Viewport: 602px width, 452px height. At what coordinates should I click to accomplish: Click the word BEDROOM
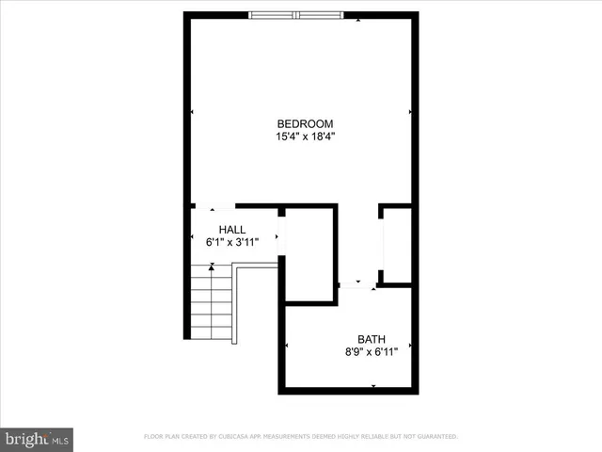pyautogui.click(x=304, y=123)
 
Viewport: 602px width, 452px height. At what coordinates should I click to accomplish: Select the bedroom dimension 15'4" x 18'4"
pyautogui.click(x=304, y=137)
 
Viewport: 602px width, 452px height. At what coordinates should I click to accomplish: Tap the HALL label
pyautogui.click(x=232, y=230)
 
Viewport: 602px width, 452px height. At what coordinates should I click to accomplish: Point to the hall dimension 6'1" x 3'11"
pyautogui.click(x=232, y=243)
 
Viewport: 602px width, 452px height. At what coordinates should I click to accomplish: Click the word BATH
pyautogui.click(x=371, y=340)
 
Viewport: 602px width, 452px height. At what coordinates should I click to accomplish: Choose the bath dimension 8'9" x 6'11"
pyautogui.click(x=371, y=353)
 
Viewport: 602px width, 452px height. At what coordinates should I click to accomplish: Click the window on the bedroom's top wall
pyautogui.click(x=297, y=15)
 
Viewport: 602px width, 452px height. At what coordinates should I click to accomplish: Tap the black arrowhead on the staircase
pyautogui.click(x=212, y=267)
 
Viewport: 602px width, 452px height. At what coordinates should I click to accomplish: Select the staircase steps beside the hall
pyautogui.click(x=212, y=306)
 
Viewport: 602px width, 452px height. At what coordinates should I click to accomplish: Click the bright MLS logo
pyautogui.click(x=38, y=439)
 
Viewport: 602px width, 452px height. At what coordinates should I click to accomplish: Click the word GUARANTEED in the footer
pyautogui.click(x=434, y=437)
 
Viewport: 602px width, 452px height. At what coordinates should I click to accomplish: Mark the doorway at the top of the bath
pyautogui.click(x=357, y=282)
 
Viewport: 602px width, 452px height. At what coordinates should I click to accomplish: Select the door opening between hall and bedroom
pyautogui.click(x=214, y=206)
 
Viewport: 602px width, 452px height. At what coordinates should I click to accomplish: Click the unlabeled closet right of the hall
pyautogui.click(x=310, y=254)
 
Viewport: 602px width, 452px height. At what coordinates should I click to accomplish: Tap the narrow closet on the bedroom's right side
pyautogui.click(x=397, y=244)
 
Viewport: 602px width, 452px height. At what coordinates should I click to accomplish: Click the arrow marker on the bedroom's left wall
pyautogui.click(x=193, y=113)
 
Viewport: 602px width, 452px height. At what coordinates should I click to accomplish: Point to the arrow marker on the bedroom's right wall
pyautogui.click(x=410, y=113)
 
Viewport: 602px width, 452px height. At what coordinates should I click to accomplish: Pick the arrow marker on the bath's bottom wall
pyautogui.click(x=373, y=386)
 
